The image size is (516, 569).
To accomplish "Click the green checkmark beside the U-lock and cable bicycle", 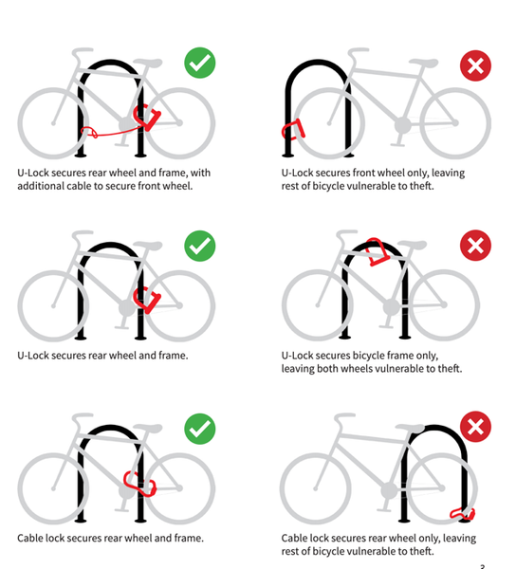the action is [x=199, y=63].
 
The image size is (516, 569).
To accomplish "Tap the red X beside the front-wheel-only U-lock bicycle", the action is [x=475, y=65].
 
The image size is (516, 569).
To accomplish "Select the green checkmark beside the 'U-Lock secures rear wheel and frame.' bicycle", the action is [x=199, y=246].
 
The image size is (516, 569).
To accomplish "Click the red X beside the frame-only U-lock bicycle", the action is [x=475, y=246].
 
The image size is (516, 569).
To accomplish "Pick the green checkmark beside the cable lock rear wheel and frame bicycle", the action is [x=199, y=429].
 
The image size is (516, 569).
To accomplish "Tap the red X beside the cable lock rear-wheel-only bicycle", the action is [x=475, y=427].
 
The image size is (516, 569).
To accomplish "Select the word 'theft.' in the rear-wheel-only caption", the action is [x=422, y=551].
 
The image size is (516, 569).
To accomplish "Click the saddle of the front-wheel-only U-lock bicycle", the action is [x=423, y=63].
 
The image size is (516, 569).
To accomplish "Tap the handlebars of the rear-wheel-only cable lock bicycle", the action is [x=344, y=418].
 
